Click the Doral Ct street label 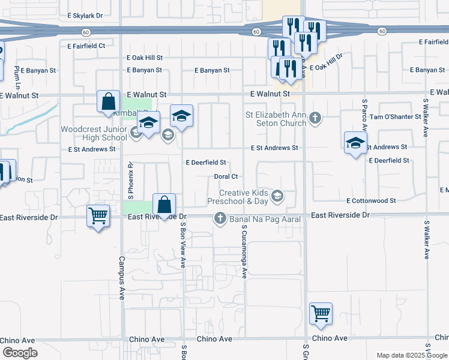coord(227,177)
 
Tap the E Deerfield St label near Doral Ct coord(206,163)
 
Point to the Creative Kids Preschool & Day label coord(243,197)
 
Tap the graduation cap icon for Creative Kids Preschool coord(277,194)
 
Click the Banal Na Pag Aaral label coord(265,220)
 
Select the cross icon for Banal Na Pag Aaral coord(220,219)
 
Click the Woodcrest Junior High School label coord(94,133)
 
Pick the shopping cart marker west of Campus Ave coord(98,215)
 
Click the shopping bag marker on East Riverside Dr coord(164,205)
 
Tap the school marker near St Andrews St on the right coord(356,143)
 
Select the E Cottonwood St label coord(372,201)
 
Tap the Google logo coord(19,353)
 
